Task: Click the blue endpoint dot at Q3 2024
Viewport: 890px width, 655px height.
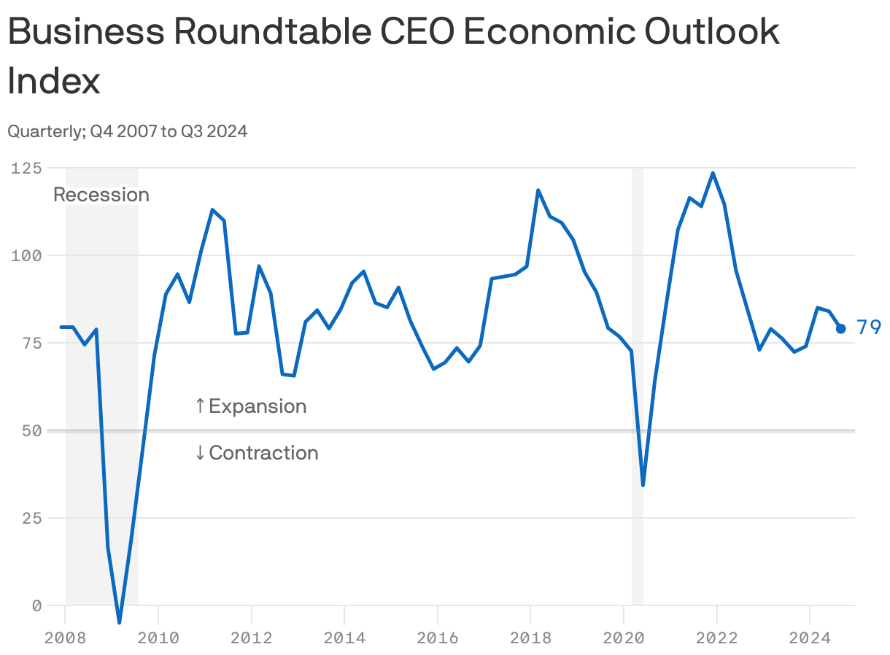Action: (840, 328)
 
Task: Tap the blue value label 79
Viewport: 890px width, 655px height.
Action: (868, 327)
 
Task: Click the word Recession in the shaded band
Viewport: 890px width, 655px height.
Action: (101, 195)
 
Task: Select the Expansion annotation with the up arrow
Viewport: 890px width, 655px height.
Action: (251, 406)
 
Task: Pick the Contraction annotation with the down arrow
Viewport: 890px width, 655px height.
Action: (257, 453)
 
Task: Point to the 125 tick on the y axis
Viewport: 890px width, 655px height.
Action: (26, 168)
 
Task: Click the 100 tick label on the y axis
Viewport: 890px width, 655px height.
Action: (26, 255)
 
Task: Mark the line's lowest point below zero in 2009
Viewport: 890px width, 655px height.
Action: (119, 622)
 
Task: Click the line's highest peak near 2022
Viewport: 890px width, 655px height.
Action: (713, 174)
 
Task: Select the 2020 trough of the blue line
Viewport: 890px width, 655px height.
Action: (643, 484)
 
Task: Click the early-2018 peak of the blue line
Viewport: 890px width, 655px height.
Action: (538, 190)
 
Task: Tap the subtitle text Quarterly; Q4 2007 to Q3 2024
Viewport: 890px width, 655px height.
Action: (128, 131)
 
